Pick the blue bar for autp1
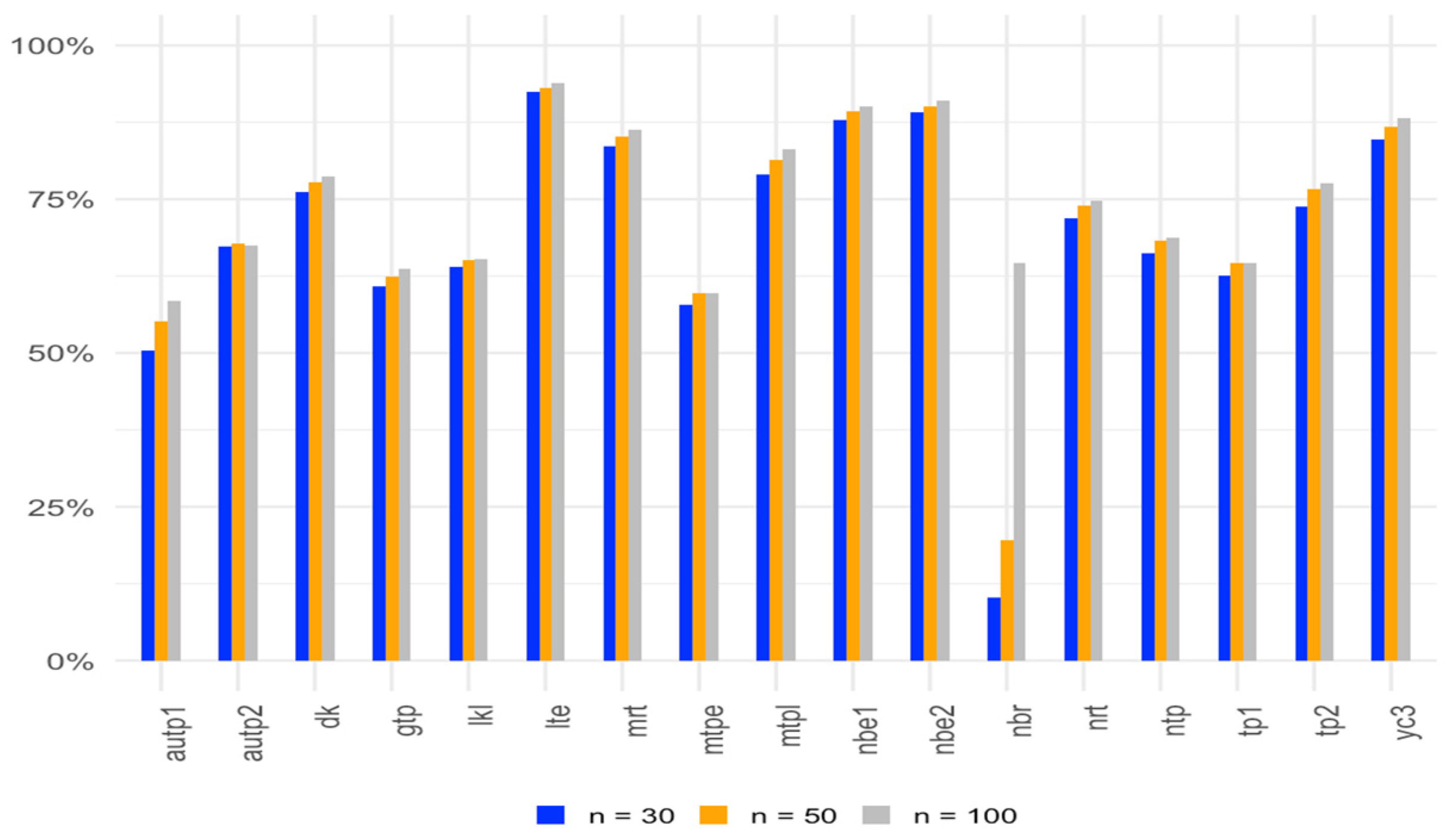pyautogui.click(x=148, y=506)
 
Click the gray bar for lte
pyautogui.click(x=558, y=372)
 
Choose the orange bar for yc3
pyautogui.click(x=1391, y=394)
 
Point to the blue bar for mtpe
pyautogui.click(x=686, y=483)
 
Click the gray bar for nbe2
pyautogui.click(x=943, y=381)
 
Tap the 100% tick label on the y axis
pyautogui.click(x=52, y=46)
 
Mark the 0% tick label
pyautogui.click(x=70, y=662)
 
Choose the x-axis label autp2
pyautogui.click(x=253, y=733)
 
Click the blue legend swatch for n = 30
pyautogui.click(x=550, y=815)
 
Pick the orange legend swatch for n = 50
pyautogui.click(x=713, y=815)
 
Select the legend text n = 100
pyautogui.click(x=965, y=816)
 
